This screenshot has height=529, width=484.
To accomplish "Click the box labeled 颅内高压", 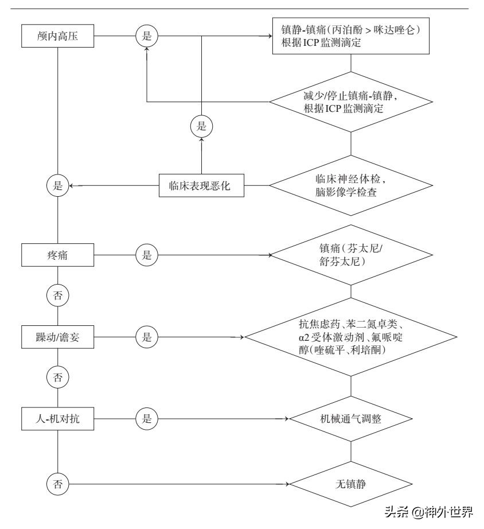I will tap(57, 36).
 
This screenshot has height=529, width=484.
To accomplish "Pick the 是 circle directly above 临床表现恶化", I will tap(201, 125).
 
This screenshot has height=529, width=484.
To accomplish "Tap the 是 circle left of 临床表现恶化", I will tap(57, 186).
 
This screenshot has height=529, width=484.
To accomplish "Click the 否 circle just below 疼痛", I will tap(57, 295).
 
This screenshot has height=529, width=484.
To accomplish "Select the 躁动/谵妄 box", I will tap(57, 336).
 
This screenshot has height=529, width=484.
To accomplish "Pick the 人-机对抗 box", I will tap(57, 419).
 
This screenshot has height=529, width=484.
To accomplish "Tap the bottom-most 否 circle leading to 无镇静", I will tap(57, 484).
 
